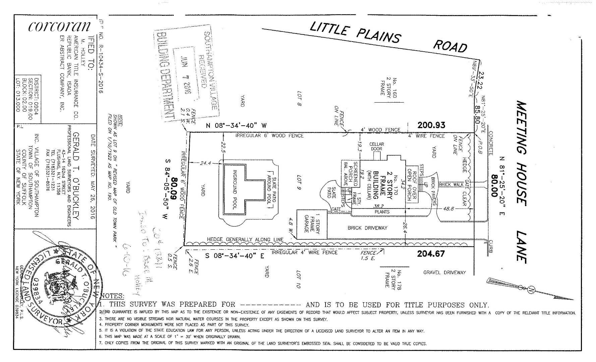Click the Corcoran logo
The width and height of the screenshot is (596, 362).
click(x=59, y=27)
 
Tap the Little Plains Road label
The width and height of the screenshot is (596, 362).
click(x=388, y=38)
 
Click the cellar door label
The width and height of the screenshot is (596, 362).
click(x=376, y=146)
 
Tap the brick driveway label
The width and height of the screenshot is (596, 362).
click(x=367, y=228)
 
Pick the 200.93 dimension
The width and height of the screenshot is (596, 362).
click(x=431, y=125)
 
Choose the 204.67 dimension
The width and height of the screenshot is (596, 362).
click(x=431, y=254)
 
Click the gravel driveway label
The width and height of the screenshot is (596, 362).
click(x=444, y=273)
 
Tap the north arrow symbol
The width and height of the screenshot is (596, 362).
click(x=530, y=290)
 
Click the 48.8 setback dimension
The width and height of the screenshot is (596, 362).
click(x=449, y=208)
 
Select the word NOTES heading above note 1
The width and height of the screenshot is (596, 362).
click(x=112, y=296)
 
